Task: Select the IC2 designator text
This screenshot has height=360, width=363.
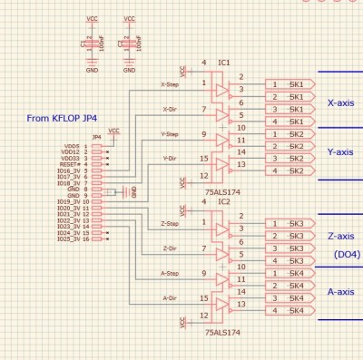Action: click(x=224, y=200)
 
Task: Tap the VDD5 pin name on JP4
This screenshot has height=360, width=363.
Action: click(x=71, y=145)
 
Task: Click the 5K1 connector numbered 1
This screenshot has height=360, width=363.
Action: click(x=289, y=84)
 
